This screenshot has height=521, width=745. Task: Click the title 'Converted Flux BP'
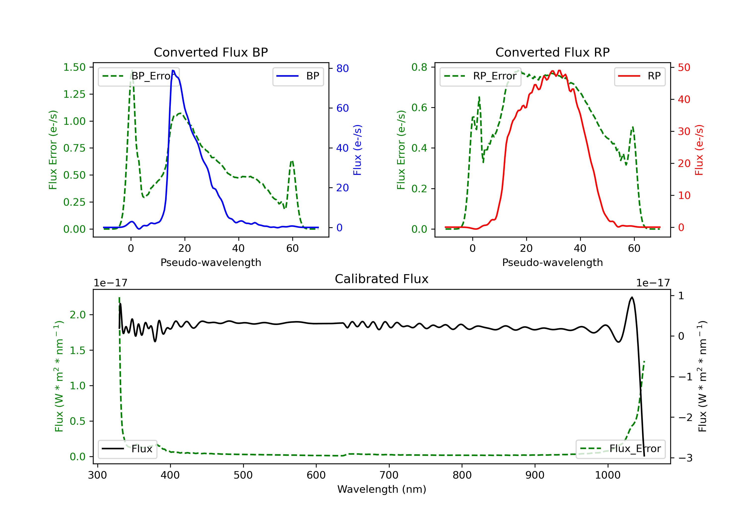pos(211,52)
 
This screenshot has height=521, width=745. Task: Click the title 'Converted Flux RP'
pos(552,52)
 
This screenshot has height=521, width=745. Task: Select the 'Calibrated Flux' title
pos(382,279)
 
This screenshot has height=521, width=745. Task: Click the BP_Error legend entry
pos(138,76)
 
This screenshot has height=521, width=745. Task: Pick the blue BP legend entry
pos(298,76)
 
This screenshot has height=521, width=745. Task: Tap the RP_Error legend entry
pos(480,76)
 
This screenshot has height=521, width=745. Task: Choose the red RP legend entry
pos(639,76)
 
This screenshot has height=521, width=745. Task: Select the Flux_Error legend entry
pos(620,449)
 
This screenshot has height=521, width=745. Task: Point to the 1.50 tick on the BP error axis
pos(74,67)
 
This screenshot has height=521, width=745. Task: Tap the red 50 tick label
pos(684,67)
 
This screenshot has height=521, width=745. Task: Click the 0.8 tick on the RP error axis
pos(419,67)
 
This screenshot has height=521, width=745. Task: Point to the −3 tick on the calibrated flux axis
pos(686,458)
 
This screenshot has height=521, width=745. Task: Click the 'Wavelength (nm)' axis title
pos(382,489)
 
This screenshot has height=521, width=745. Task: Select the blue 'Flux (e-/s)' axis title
pos(357,150)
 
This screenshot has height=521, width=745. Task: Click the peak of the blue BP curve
pos(173,70)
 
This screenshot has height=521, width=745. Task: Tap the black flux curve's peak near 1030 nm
pos(632,297)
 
